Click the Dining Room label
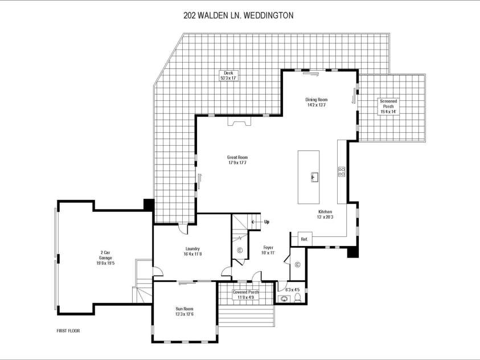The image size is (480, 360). pyautogui.click(x=317, y=103)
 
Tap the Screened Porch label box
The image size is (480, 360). pyautogui.click(x=389, y=107)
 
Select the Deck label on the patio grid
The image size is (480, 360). pyautogui.click(x=228, y=75)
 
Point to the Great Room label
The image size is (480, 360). pyautogui.click(x=237, y=160)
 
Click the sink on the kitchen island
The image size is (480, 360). pyautogui.click(x=313, y=177)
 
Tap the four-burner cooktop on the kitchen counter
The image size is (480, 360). pyautogui.click(x=342, y=172)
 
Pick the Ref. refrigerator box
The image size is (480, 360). pyautogui.click(x=303, y=239)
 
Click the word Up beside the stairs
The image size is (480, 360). pyautogui.click(x=266, y=222)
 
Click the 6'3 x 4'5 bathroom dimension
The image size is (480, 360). pyautogui.click(x=292, y=289)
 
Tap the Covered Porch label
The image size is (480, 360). pyautogui.click(x=245, y=294)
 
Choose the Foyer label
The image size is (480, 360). pyautogui.click(x=268, y=250)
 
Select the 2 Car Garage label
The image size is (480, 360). pyautogui.click(x=106, y=257)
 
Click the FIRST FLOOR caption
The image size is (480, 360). pyautogui.click(x=68, y=330)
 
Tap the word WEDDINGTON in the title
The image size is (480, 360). pyautogui.click(x=268, y=16)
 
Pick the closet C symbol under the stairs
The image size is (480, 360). pyautogui.click(x=239, y=250)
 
